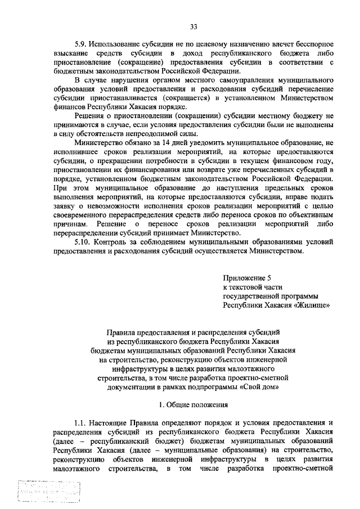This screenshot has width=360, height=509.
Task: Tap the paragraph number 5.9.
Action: click(x=82, y=44)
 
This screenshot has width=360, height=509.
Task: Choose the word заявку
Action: click(x=65, y=206)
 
